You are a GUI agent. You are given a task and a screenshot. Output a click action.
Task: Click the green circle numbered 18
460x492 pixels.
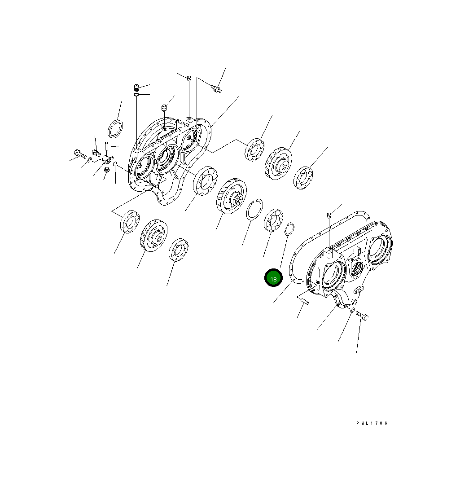273,278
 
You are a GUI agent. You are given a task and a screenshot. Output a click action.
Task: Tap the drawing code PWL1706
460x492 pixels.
372,423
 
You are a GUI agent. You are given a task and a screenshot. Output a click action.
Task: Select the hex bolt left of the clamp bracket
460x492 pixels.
79,154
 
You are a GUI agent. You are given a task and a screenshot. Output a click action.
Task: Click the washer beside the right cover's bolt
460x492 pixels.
352,310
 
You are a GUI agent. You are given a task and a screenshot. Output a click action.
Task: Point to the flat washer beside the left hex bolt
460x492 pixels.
90,160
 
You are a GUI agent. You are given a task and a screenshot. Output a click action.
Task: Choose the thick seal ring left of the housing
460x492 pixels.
115,129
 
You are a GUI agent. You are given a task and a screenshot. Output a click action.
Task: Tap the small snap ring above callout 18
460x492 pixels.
289,229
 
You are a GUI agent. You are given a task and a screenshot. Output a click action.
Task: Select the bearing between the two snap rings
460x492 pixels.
273,220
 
